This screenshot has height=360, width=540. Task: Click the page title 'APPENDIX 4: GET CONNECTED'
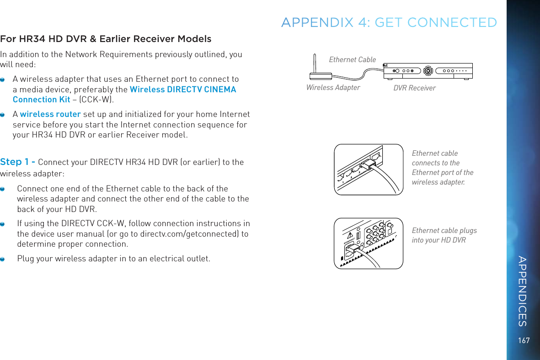pos(389,22)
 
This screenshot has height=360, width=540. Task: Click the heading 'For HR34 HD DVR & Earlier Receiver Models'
pos(106,38)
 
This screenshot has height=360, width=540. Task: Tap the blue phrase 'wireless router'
pos(50,114)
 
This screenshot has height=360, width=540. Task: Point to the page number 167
pos(524,340)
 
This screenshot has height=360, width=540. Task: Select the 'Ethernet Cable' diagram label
pos(352,59)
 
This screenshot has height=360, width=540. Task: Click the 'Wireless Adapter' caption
pos(333,87)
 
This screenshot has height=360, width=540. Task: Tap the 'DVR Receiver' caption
pos(414,88)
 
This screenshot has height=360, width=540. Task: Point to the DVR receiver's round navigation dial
pos(428,71)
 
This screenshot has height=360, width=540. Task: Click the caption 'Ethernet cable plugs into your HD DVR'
pos(444,235)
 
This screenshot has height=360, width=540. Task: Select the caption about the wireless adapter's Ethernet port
pos(442,168)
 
